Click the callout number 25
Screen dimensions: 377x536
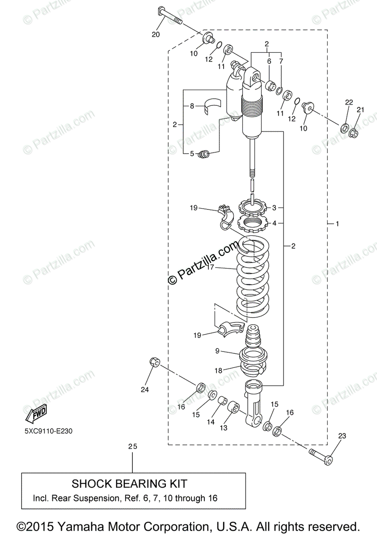[x=132, y=446]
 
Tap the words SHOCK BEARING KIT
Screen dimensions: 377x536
[x=130, y=484]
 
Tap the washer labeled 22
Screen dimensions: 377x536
[x=345, y=128]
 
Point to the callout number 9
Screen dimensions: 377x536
[x=217, y=351]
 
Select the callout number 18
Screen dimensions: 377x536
[x=218, y=370]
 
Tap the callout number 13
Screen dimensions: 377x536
[x=223, y=427]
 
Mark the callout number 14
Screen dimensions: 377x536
[x=210, y=421]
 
